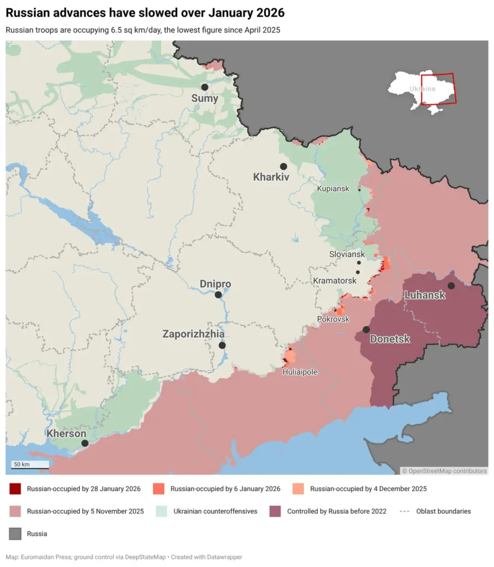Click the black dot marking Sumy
[x=204, y=87]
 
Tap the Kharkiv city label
[x=271, y=178]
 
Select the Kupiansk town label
[x=333, y=189]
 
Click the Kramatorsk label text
[x=335, y=281]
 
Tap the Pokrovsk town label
[x=333, y=319]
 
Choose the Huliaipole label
[x=300, y=372]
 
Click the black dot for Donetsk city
[x=366, y=329]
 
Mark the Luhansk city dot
[x=451, y=286]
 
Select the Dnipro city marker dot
[x=219, y=295]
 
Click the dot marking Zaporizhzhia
[x=222, y=346]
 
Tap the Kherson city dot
[x=85, y=443]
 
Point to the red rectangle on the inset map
[x=438, y=89]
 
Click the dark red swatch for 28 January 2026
[x=15, y=489]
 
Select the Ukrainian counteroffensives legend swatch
[x=162, y=511]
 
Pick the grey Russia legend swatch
[x=15, y=534]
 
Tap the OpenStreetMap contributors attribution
[x=445, y=471]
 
